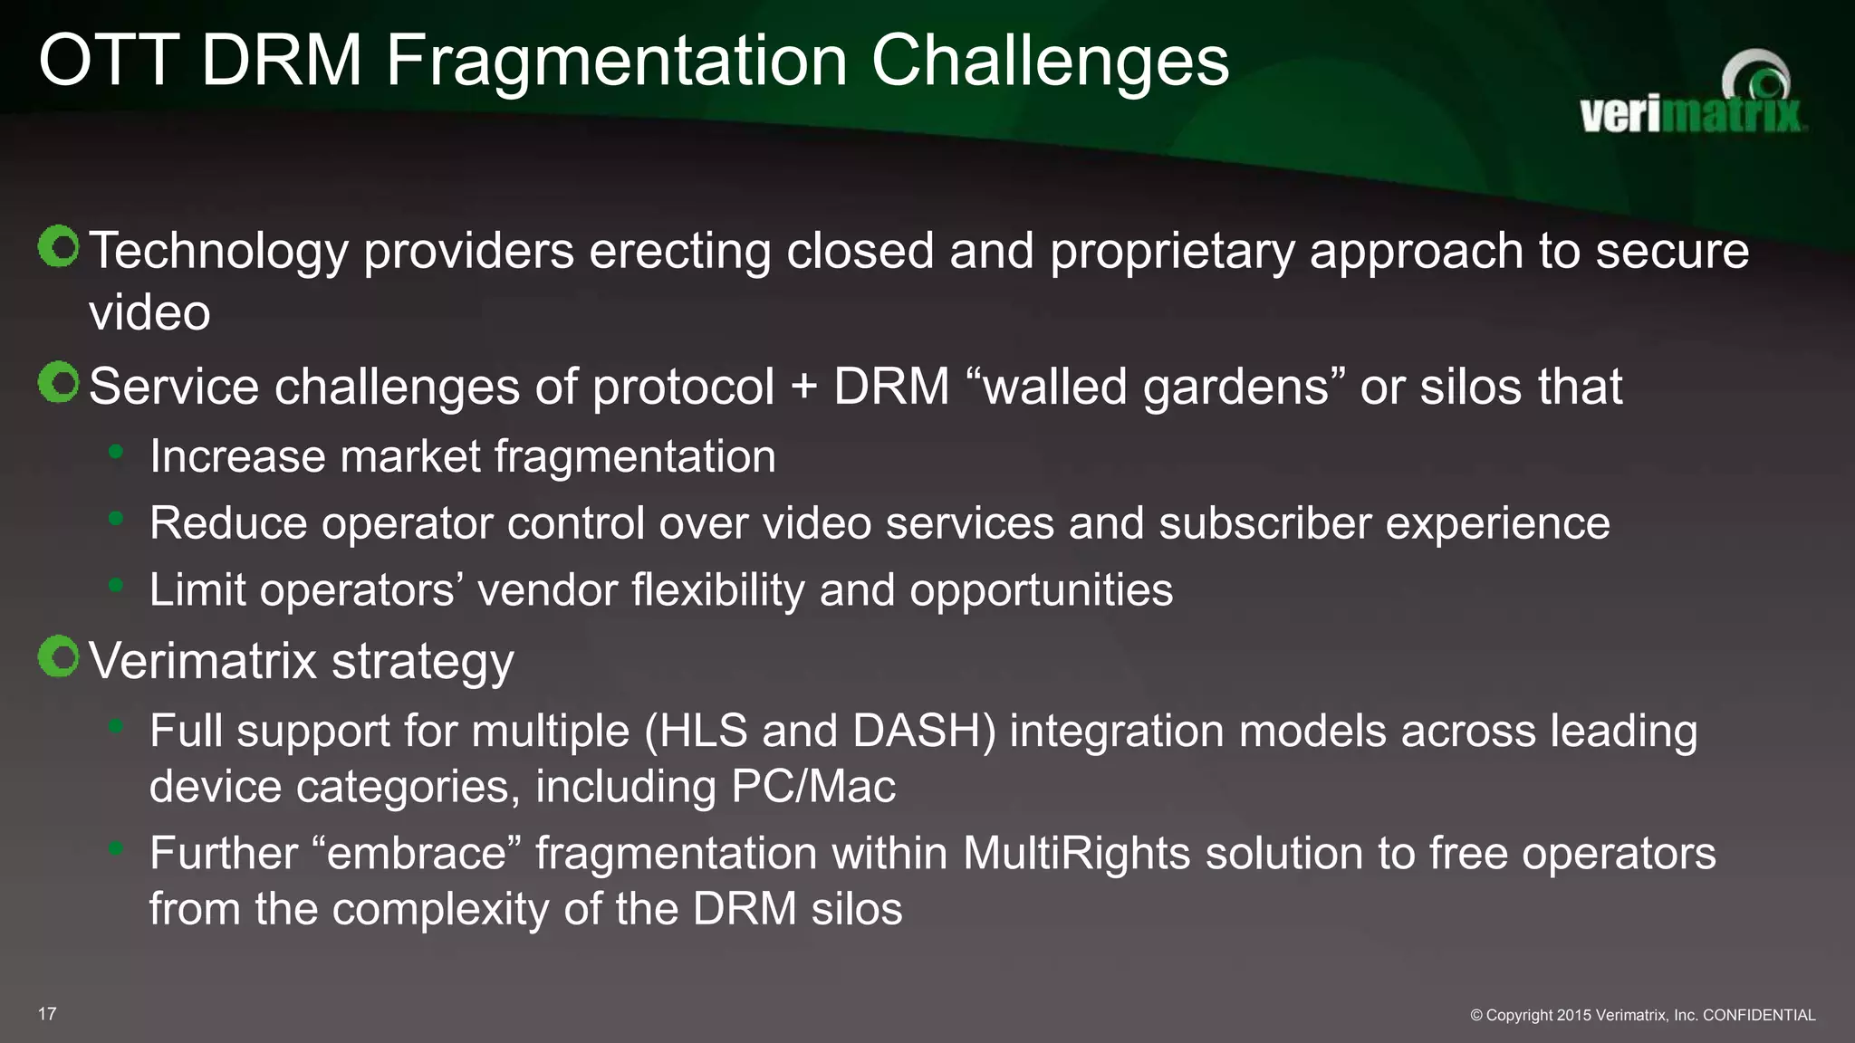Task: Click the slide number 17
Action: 47,1014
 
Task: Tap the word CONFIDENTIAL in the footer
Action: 1759,1015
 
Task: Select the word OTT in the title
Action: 109,62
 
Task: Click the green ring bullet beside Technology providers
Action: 59,246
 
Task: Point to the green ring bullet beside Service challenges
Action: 59,383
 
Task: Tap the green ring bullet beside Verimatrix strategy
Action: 59,656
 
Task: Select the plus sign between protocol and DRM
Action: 803,388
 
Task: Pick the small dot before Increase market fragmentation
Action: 115,451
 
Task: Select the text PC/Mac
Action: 812,786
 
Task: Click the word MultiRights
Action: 1076,853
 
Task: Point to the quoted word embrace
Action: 417,853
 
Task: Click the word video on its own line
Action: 149,313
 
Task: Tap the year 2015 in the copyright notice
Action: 1573,1015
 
